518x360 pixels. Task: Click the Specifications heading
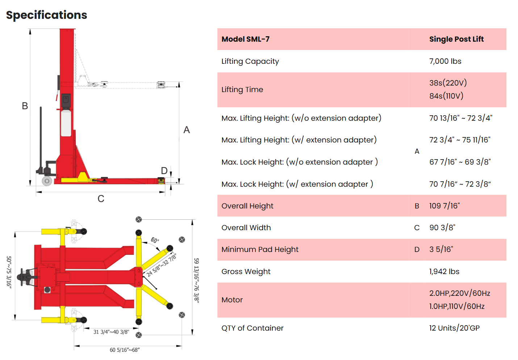[46, 15]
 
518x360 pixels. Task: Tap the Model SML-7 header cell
[246, 39]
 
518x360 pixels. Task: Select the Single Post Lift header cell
[456, 39]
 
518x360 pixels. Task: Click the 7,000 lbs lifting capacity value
[445, 61]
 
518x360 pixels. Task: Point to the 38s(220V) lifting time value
[448, 83]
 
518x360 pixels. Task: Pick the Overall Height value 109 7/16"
[444, 206]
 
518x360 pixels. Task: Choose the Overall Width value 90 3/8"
[442, 228]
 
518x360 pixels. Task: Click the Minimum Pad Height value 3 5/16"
[441, 249]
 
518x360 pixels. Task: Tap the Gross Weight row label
[246, 272]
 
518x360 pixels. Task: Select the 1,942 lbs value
[444, 272]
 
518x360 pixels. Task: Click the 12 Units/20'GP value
[454, 328]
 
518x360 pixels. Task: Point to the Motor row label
[232, 300]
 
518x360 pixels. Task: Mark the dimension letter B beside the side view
[25, 106]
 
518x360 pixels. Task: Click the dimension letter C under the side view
[101, 199]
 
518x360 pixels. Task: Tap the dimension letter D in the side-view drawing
[164, 171]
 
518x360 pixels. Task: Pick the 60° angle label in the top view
[155, 240]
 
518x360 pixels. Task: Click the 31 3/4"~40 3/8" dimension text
[111, 332]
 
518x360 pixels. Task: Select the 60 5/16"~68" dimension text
[125, 350]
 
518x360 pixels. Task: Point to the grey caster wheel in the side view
[47, 181]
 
